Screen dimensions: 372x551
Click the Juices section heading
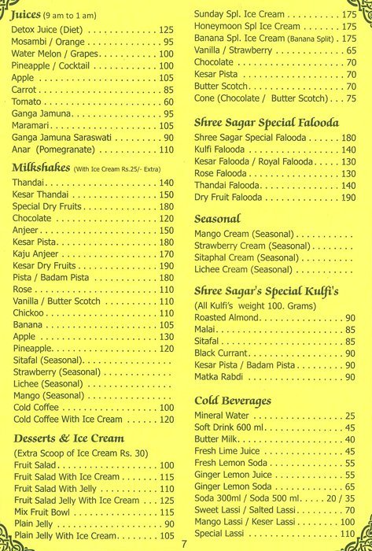point(26,14)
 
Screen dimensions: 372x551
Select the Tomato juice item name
point(28,102)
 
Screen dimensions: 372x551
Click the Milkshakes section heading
point(40,168)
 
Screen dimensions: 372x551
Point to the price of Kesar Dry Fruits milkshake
point(166,267)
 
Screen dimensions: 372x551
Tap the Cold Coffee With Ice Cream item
point(68,420)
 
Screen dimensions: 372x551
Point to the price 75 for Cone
point(351,98)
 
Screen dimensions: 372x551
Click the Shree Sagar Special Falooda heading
point(256,123)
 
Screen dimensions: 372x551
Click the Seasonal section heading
point(217,219)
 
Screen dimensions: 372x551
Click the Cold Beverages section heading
point(233,401)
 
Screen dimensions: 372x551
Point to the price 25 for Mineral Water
point(351,416)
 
